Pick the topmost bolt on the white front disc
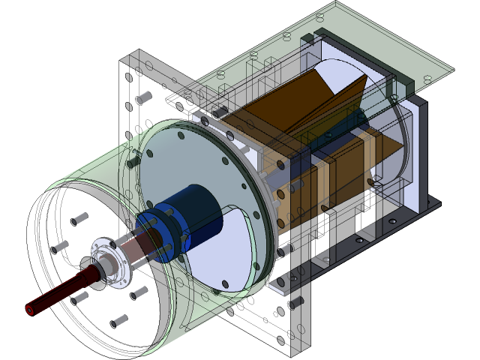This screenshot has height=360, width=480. coord(78,218)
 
